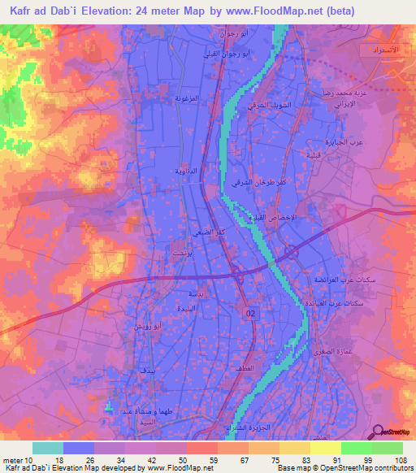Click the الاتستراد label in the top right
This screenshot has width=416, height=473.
(378, 50)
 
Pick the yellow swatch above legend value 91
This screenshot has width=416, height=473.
(326, 448)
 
